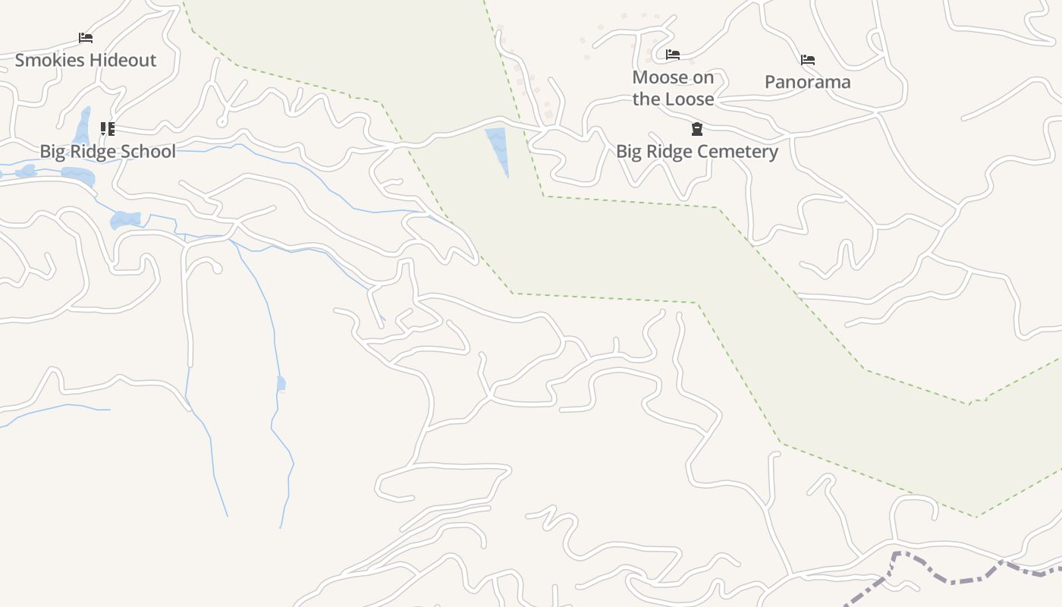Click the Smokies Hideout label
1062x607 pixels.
coord(86,61)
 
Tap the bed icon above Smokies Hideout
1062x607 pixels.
coord(86,38)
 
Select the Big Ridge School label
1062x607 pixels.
coord(108,151)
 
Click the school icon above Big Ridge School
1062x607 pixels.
coord(108,129)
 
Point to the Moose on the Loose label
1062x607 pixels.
coord(673,88)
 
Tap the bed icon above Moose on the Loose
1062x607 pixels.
coord(673,55)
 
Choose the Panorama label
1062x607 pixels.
coord(807,82)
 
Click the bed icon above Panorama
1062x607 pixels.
coord(808,60)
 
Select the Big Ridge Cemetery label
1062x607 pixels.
coord(696,152)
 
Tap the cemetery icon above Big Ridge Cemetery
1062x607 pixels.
coord(697,129)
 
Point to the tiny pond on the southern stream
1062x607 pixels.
coord(281,383)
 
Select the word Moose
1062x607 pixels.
coord(661,77)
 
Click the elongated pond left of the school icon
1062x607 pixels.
coord(82,126)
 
